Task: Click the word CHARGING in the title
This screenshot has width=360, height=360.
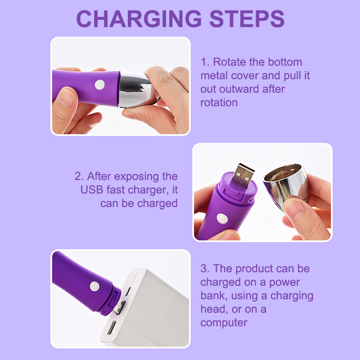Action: pos(139,19)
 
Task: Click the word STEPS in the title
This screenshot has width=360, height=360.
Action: pos(247,19)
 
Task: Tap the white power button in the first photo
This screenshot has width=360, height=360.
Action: pos(99,85)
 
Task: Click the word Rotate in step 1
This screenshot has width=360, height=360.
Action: pos(229,62)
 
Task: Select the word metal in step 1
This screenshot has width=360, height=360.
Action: pos(214,76)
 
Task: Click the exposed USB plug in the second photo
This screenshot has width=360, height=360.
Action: pos(242,175)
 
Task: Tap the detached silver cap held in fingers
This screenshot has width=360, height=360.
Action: pos(286,184)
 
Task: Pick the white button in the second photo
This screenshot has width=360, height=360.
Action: pos(222,219)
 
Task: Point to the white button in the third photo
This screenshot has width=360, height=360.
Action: pos(94,286)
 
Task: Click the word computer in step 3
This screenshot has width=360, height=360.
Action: pos(224,323)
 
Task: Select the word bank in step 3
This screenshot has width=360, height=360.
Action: pos(213,296)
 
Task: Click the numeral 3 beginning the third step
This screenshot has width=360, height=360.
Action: pos(204,269)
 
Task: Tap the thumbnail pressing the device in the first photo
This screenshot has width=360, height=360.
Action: pos(67,98)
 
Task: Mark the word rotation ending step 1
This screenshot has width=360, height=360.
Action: pos(219,103)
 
